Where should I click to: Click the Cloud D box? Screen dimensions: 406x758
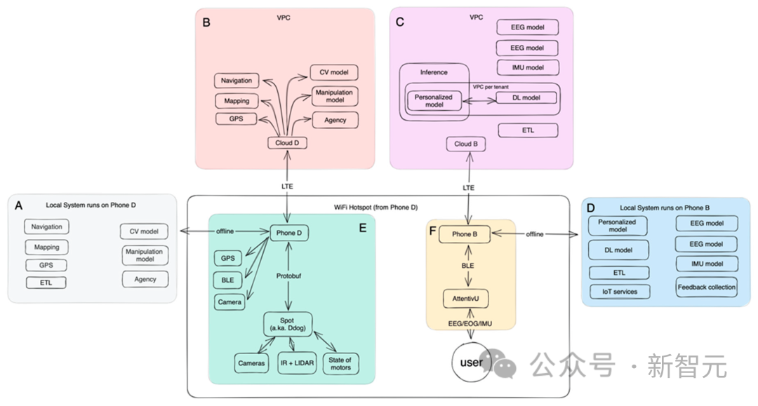click(288, 143)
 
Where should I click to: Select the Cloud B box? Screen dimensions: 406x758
click(467, 144)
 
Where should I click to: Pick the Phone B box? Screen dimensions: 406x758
click(464, 234)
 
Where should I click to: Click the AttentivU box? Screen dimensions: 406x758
click(465, 299)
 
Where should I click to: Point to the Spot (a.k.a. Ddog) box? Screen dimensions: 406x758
click(288, 324)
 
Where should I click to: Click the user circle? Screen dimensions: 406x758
click(471, 363)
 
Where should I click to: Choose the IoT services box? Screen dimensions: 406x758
click(619, 292)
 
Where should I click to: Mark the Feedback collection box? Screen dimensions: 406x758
click(707, 287)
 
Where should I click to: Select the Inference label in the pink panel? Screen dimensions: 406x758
click(434, 72)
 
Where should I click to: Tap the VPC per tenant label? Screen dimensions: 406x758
click(491, 86)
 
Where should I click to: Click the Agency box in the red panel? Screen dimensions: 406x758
click(335, 120)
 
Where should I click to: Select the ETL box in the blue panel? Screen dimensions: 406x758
click(619, 273)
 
